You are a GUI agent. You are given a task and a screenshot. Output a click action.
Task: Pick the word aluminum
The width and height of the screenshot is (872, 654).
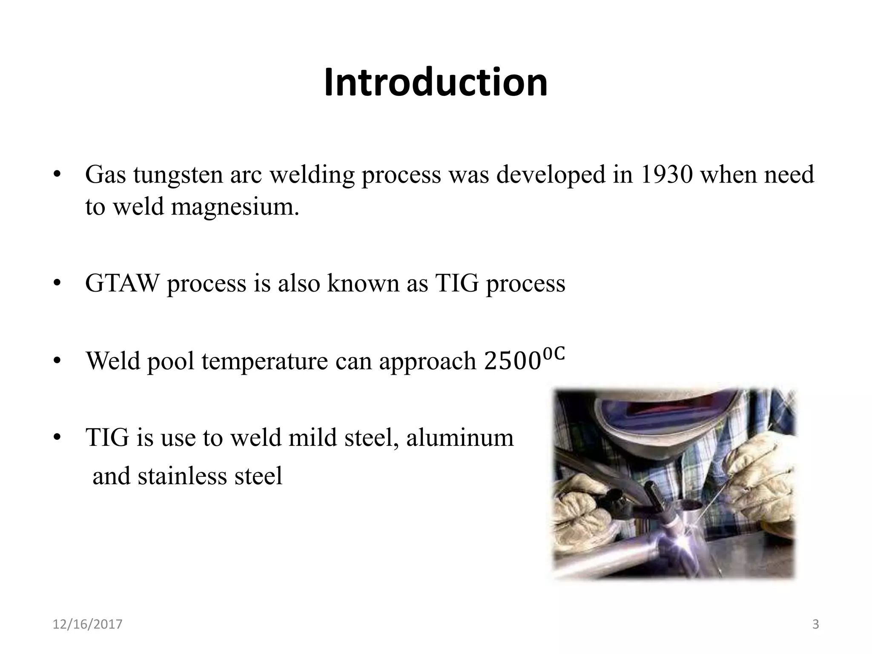[x=460, y=438]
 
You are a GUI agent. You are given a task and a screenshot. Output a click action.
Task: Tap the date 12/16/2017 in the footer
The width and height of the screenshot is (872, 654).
[x=87, y=625]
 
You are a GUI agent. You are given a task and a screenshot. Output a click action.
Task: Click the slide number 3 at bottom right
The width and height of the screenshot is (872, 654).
[x=816, y=625]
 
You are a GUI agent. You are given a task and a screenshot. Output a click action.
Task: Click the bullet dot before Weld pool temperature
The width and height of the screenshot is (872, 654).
[x=58, y=361]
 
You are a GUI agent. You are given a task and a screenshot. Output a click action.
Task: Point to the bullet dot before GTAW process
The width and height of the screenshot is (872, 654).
[x=58, y=284]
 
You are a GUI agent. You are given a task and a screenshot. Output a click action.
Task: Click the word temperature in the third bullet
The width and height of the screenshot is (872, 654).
[x=264, y=361]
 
